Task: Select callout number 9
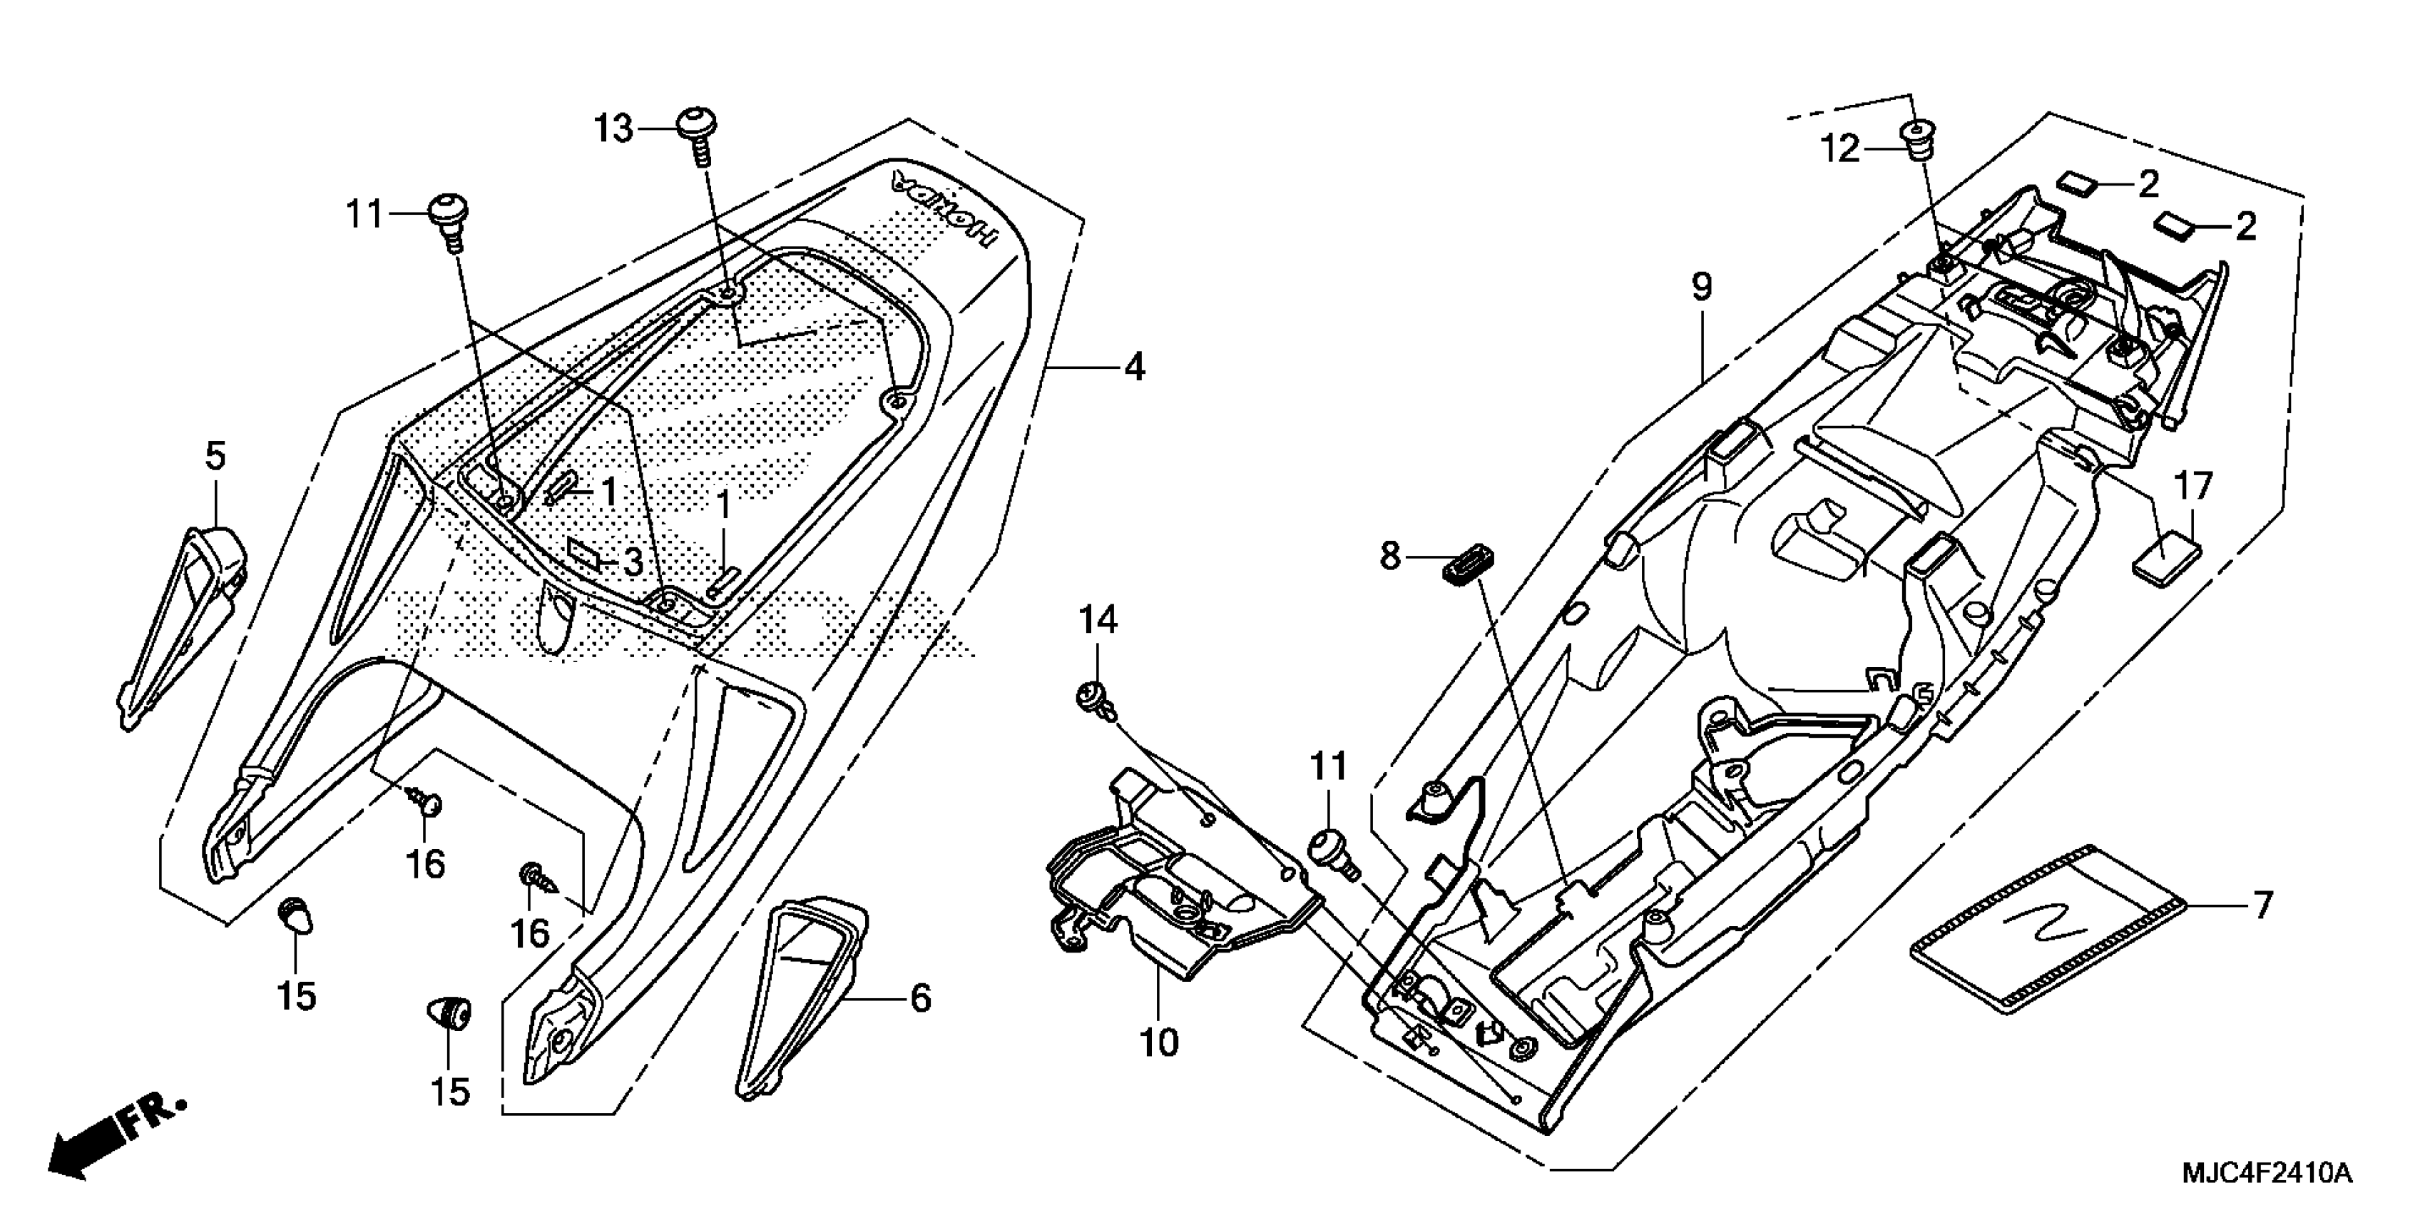1701,286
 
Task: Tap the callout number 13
614,129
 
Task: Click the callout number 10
1159,1042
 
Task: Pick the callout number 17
2193,487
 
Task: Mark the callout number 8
1390,556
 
